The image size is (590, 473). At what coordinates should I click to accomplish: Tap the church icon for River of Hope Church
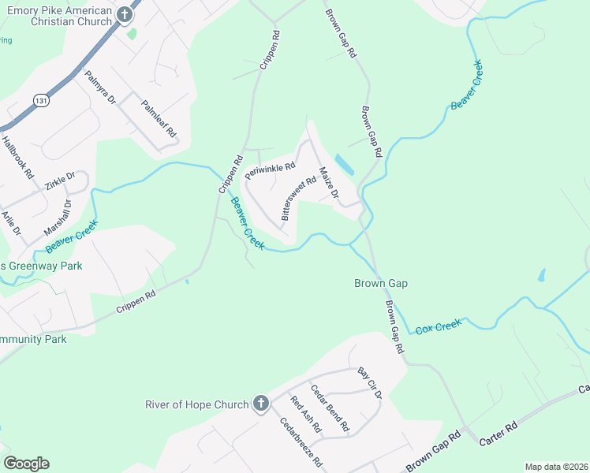coord(261,405)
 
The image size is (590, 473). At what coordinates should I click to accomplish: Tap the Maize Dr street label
coord(328,182)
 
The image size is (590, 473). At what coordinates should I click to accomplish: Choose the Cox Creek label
coord(437,326)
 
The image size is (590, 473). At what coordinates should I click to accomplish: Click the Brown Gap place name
coord(380,283)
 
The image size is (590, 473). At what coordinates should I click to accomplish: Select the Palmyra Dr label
coord(100,89)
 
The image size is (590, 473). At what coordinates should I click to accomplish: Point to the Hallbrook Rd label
coord(18,157)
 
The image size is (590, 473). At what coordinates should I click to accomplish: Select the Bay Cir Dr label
coord(369,382)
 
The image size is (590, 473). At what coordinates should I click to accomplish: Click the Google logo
coord(26,464)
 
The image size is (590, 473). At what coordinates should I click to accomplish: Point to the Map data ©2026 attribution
coord(556,467)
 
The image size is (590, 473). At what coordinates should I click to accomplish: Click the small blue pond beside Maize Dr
coord(345,165)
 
